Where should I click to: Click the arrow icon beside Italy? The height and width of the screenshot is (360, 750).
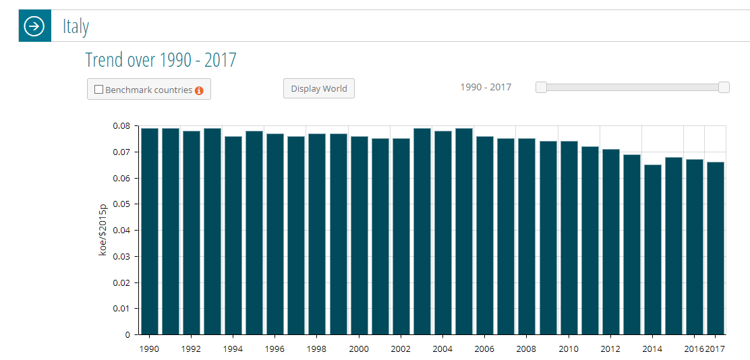pos(34,26)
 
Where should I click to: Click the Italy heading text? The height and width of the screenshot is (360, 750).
pos(76,27)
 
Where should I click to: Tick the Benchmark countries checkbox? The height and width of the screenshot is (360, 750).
pos(99,90)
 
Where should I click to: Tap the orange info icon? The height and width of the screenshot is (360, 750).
pos(199,90)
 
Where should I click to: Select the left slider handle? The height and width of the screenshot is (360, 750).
pos(541,87)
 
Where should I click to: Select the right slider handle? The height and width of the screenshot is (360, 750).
pos(724,87)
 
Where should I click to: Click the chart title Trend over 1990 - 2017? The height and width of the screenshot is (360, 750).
pos(161,60)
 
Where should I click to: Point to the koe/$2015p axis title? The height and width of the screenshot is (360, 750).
pos(103,230)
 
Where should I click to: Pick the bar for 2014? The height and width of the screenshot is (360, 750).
pos(652,249)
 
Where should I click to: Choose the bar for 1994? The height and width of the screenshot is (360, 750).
pos(233,235)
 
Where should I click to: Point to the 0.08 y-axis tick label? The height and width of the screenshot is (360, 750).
pos(121,126)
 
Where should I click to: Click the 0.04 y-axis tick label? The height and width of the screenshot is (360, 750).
pos(121,231)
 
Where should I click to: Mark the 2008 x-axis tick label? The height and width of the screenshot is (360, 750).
pos(526,349)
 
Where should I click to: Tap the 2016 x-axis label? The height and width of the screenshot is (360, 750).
pos(693,349)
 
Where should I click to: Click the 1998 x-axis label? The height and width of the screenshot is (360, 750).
pos(317,349)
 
